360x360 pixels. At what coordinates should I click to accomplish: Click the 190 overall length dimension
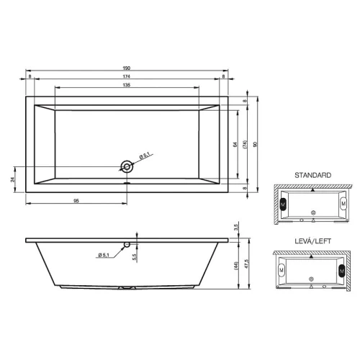click(x=127, y=68)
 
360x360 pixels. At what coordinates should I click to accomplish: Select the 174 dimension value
click(x=127, y=76)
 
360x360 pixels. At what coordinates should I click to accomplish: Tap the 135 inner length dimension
click(x=127, y=85)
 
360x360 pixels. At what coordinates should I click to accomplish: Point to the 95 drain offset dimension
click(x=76, y=201)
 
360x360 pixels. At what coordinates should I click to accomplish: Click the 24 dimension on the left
click(x=12, y=179)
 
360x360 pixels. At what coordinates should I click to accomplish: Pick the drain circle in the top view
click(x=127, y=166)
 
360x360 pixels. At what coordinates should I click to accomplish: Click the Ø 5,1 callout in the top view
click(x=145, y=156)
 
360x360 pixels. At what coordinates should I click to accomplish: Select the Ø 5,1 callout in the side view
click(x=104, y=255)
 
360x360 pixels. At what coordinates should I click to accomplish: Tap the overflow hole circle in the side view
click(x=127, y=245)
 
